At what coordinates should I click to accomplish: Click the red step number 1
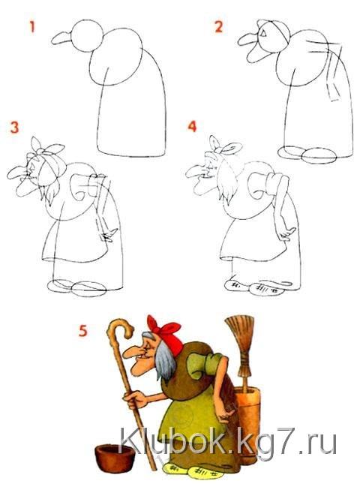tap(32, 26)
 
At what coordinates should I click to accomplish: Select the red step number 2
tap(218, 26)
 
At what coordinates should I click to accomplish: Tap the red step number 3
tap(14, 127)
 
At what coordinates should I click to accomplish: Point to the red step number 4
tap(192, 127)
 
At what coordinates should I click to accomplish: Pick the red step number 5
tap(83, 331)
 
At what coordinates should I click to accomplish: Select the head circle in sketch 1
tap(86, 36)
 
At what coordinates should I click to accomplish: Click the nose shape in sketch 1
tap(61, 38)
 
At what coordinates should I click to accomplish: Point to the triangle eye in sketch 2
tap(263, 33)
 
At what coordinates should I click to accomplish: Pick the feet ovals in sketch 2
tap(307, 155)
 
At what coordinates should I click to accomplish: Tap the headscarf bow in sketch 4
tap(224, 148)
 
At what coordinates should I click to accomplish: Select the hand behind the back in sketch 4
tap(285, 235)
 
